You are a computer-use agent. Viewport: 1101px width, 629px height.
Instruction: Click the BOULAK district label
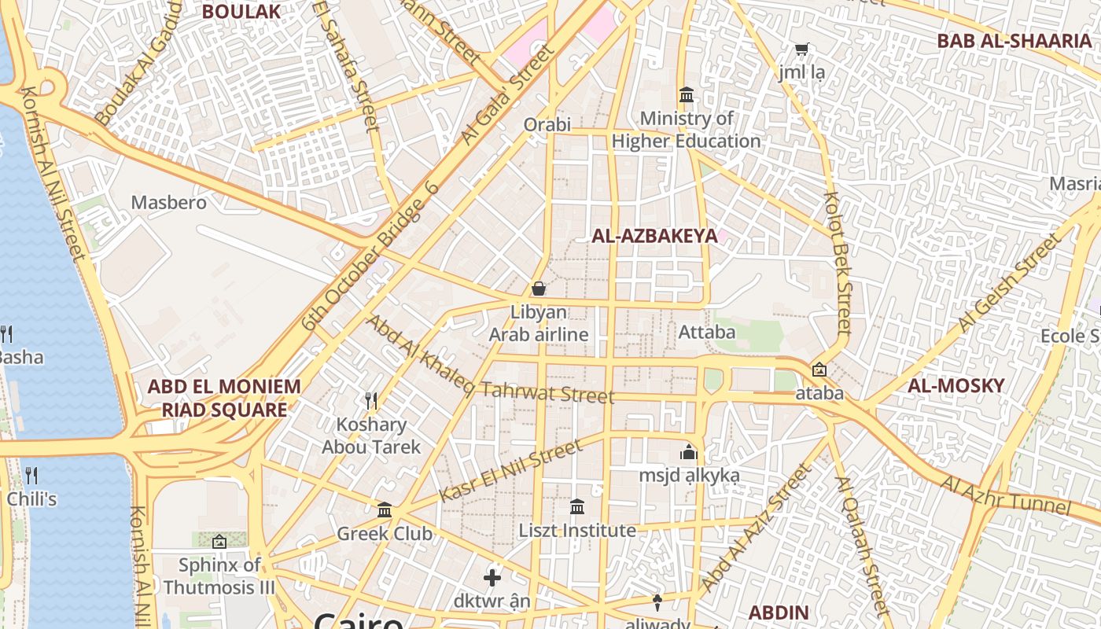(241, 11)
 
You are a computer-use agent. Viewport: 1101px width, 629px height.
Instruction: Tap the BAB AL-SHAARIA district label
(1014, 41)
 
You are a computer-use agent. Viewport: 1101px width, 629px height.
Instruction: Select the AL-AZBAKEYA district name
(654, 236)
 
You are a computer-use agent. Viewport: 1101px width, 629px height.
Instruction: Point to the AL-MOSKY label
(956, 385)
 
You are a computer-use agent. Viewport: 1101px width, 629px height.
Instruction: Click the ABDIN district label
(778, 612)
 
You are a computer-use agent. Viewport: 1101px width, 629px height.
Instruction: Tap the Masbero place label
(168, 202)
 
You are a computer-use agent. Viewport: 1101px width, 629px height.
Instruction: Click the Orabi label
(547, 125)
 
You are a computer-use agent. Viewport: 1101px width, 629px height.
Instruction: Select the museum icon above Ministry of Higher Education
(687, 95)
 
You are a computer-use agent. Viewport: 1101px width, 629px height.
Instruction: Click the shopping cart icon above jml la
(801, 50)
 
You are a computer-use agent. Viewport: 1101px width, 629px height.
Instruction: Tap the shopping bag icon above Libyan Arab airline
(539, 289)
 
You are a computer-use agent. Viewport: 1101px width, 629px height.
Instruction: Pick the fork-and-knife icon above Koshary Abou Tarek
(372, 401)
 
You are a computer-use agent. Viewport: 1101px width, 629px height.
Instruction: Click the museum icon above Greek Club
(385, 510)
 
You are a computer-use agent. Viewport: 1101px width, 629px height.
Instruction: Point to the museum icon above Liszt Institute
(577, 507)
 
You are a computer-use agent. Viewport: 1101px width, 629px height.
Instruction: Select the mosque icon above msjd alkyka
(689, 452)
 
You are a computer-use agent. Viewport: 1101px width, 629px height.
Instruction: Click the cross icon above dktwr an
(492, 578)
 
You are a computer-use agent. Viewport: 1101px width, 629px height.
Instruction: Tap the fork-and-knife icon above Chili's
(31, 475)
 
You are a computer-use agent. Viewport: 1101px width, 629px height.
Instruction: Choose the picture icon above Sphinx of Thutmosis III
(219, 542)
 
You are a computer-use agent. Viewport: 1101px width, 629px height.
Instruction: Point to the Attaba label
(707, 332)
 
